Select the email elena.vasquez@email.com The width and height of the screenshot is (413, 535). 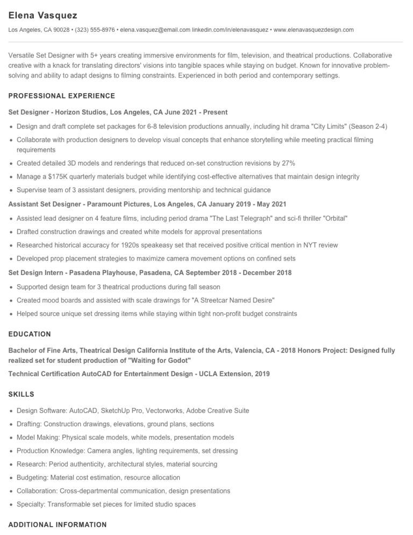[x=155, y=30]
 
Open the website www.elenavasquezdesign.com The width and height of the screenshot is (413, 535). [x=314, y=30]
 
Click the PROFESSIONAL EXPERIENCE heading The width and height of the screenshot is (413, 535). [x=62, y=96]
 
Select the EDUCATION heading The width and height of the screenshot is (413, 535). [x=30, y=334]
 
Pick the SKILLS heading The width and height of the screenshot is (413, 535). [x=21, y=395]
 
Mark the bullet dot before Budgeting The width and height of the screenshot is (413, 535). [x=11, y=478]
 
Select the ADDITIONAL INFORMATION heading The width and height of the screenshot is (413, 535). [x=58, y=525]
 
